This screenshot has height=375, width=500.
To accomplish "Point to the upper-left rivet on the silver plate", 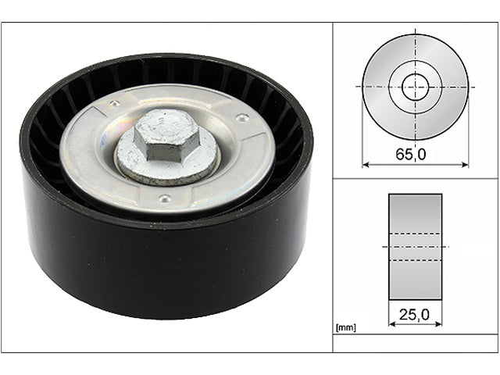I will coord(115,103).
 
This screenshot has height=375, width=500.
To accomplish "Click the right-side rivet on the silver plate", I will coord(243,118).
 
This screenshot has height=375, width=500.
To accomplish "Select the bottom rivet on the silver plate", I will coord(162,198).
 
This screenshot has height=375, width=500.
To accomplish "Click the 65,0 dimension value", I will coord(410,154).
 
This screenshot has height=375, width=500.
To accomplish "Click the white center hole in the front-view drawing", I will coord(416,86).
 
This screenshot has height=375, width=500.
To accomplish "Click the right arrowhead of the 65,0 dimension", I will coord(466,164).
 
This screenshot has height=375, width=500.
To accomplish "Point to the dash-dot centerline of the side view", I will coord(415,246).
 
